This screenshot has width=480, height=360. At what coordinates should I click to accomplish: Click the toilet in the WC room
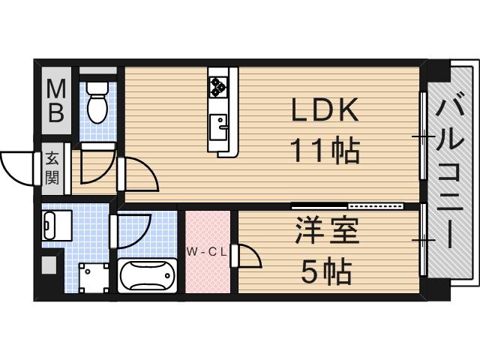point(97,102)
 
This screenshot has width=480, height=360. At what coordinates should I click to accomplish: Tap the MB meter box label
point(56,100)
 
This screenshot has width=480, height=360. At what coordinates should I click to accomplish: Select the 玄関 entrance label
point(52,169)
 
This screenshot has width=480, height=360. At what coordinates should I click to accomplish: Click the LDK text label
point(325,110)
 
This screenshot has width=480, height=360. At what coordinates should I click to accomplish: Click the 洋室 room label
point(327,230)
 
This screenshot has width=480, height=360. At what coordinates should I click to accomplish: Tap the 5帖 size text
point(326,271)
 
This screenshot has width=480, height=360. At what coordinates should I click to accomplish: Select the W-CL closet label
point(207,252)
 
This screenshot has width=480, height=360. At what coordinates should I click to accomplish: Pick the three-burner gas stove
point(218,87)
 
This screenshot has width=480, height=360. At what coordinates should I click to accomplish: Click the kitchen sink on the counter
point(218,127)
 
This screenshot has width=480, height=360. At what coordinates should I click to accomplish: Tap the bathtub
point(147,275)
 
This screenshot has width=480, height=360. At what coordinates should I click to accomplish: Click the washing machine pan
point(94,277)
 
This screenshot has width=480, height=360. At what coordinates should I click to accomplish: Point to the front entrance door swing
point(17,168)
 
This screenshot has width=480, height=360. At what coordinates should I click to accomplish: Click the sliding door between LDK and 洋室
point(347,205)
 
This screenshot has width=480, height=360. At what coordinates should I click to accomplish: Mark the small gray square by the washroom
point(49,265)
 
